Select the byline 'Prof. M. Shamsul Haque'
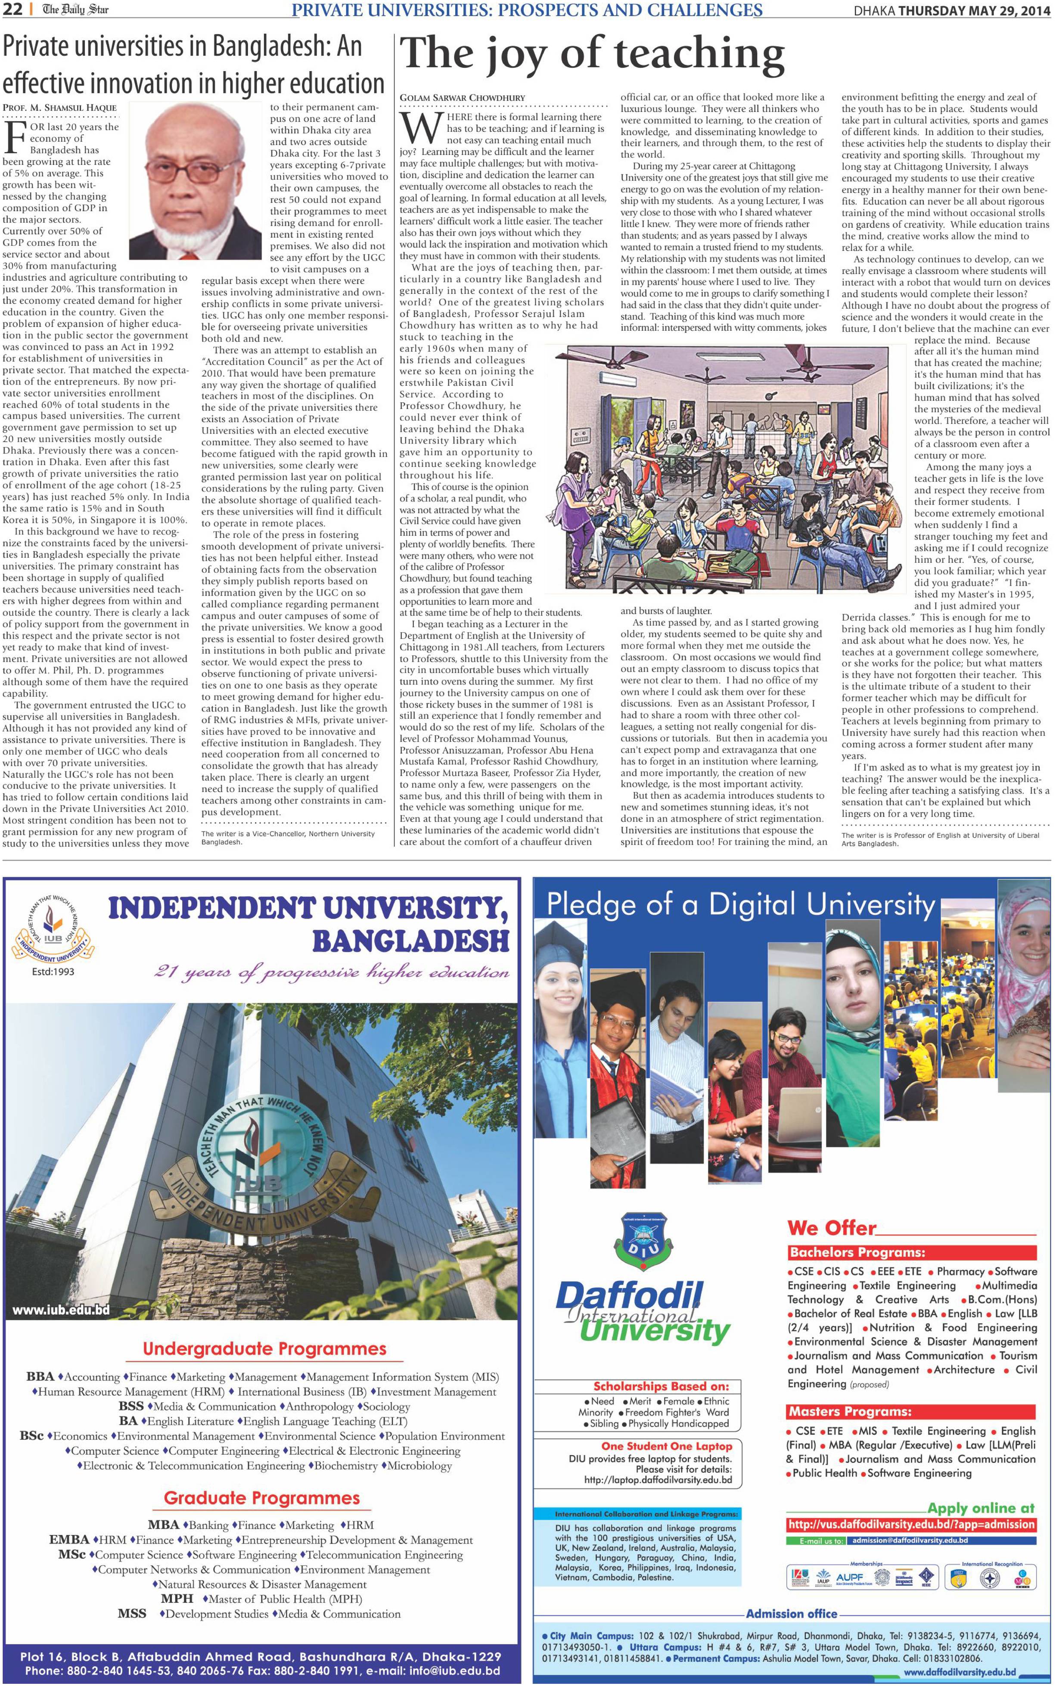tap(60, 108)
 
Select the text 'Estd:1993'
tap(53, 972)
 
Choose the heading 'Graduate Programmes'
tap(262, 1497)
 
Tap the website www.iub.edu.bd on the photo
tap(61, 1310)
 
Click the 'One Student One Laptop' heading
tap(666, 1446)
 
